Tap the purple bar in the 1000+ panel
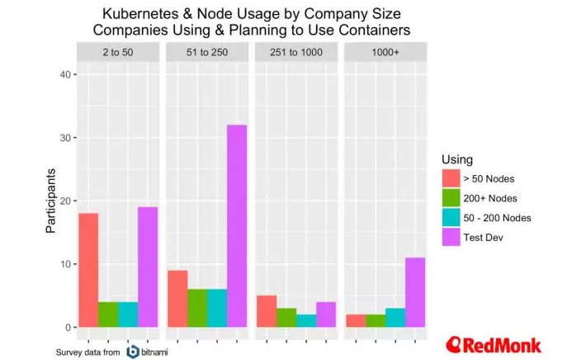415,292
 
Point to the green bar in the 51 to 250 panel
196,308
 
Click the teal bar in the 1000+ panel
395,318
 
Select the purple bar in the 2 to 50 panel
147,267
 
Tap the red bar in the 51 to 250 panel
177,298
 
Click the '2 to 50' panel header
117,52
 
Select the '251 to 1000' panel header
295,52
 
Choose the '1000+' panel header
385,52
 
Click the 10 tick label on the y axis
65,264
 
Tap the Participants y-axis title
51,201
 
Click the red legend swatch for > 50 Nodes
451,178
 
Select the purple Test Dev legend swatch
451,238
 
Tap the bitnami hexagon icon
133,352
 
